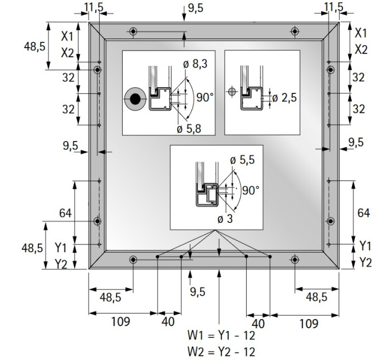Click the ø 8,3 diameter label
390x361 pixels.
point(195,64)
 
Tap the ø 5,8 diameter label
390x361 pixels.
point(189,129)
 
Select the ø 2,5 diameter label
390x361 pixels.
point(284,97)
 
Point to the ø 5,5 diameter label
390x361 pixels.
point(242,160)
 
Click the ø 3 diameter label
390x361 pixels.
point(225,219)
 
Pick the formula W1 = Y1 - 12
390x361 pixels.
point(221,335)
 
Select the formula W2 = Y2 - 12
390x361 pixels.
point(221,352)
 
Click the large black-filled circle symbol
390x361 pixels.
point(135,99)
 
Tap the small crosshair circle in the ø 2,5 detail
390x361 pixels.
point(232,92)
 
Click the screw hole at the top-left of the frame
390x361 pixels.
point(133,32)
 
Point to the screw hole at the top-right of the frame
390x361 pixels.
point(295,32)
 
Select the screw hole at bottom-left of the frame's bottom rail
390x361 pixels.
point(133,260)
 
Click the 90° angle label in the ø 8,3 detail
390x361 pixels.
point(205,97)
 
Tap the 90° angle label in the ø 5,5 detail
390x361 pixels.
point(251,191)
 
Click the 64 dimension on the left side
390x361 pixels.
point(65,213)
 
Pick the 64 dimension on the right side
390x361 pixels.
point(364,213)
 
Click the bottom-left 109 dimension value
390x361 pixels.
point(120,321)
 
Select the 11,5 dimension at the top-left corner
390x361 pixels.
point(93,7)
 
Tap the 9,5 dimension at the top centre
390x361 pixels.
point(196,8)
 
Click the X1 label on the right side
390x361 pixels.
point(361,33)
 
